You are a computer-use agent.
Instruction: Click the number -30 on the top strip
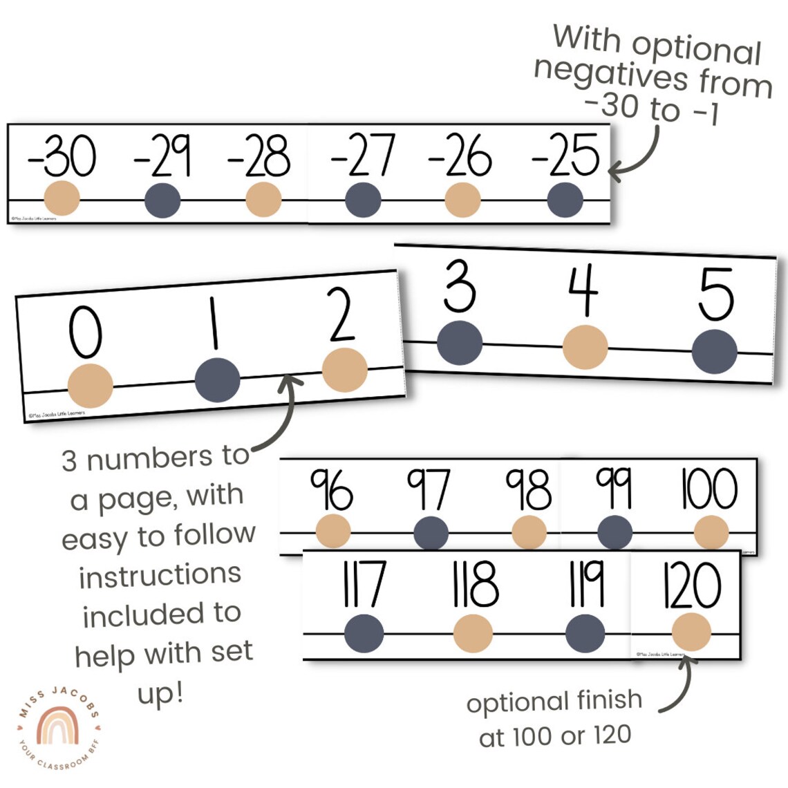tap(62, 156)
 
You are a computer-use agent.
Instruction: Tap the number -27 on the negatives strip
tap(363, 156)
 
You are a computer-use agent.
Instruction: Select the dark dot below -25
tap(565, 200)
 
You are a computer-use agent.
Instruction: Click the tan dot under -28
tap(263, 200)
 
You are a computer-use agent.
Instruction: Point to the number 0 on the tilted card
tap(85, 332)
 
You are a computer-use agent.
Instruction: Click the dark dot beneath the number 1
tap(217, 380)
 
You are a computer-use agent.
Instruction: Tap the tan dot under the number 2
tap(345, 370)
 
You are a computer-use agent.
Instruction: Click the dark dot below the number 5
tap(714, 352)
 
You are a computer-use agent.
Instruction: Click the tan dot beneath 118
tap(473, 633)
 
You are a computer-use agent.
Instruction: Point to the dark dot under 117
tap(364, 633)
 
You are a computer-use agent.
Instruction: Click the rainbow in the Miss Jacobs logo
tap(58, 726)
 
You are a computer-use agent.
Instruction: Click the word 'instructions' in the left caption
tap(160, 575)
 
